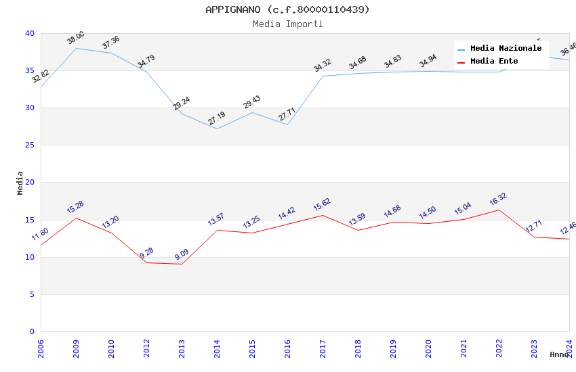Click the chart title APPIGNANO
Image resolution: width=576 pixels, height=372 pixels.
click(x=287, y=9)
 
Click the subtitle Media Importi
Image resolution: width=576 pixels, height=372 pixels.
click(x=287, y=24)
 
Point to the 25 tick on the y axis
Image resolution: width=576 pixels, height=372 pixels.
click(x=29, y=145)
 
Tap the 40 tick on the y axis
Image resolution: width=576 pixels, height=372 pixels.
click(x=29, y=34)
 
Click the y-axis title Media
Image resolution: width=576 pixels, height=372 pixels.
click(x=20, y=183)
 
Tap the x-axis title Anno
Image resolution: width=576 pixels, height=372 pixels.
click(x=559, y=354)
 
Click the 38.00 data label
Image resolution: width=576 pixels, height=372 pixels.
click(x=75, y=38)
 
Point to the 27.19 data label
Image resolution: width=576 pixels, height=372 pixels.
click(x=216, y=118)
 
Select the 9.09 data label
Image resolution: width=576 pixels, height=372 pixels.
click(x=181, y=254)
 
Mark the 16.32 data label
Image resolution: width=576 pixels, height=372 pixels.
click(x=498, y=200)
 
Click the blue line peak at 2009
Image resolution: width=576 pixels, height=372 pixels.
click(x=76, y=48)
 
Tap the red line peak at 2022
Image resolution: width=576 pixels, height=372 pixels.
click(x=499, y=210)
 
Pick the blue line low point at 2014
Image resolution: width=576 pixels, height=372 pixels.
click(x=217, y=129)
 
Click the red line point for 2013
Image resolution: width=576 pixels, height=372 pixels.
click(x=182, y=264)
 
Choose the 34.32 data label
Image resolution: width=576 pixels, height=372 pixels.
click(x=322, y=66)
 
